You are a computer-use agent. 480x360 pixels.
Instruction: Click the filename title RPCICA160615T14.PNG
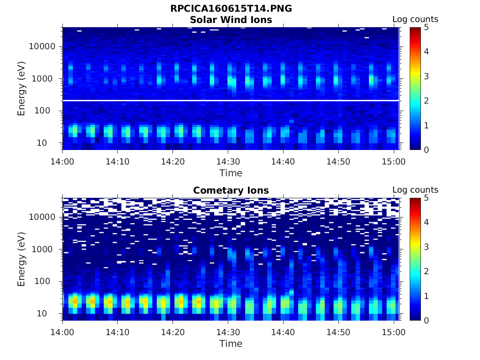231,9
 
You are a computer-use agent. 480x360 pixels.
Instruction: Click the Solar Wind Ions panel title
231,20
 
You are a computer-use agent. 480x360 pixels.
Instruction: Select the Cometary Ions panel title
231,190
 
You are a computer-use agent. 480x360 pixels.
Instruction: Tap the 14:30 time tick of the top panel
228,162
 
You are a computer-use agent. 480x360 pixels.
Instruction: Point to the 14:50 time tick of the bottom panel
338,332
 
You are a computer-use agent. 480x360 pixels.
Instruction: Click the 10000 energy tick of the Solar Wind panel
43,46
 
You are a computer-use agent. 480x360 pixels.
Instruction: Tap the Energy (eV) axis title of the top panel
22,89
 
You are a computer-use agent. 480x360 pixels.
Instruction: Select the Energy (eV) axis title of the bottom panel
22,259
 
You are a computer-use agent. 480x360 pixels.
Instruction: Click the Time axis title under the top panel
231,173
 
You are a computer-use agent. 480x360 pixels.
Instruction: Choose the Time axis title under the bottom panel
231,344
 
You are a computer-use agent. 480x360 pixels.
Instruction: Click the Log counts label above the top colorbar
415,19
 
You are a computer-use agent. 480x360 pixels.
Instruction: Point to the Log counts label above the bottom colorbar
415,190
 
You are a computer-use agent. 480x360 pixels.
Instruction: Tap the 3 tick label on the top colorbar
426,76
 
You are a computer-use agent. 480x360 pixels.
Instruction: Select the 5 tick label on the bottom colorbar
426,198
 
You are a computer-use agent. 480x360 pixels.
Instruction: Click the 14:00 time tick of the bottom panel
63,332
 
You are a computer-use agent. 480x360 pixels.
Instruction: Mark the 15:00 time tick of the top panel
393,162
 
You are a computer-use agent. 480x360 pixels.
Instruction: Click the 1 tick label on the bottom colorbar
426,296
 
